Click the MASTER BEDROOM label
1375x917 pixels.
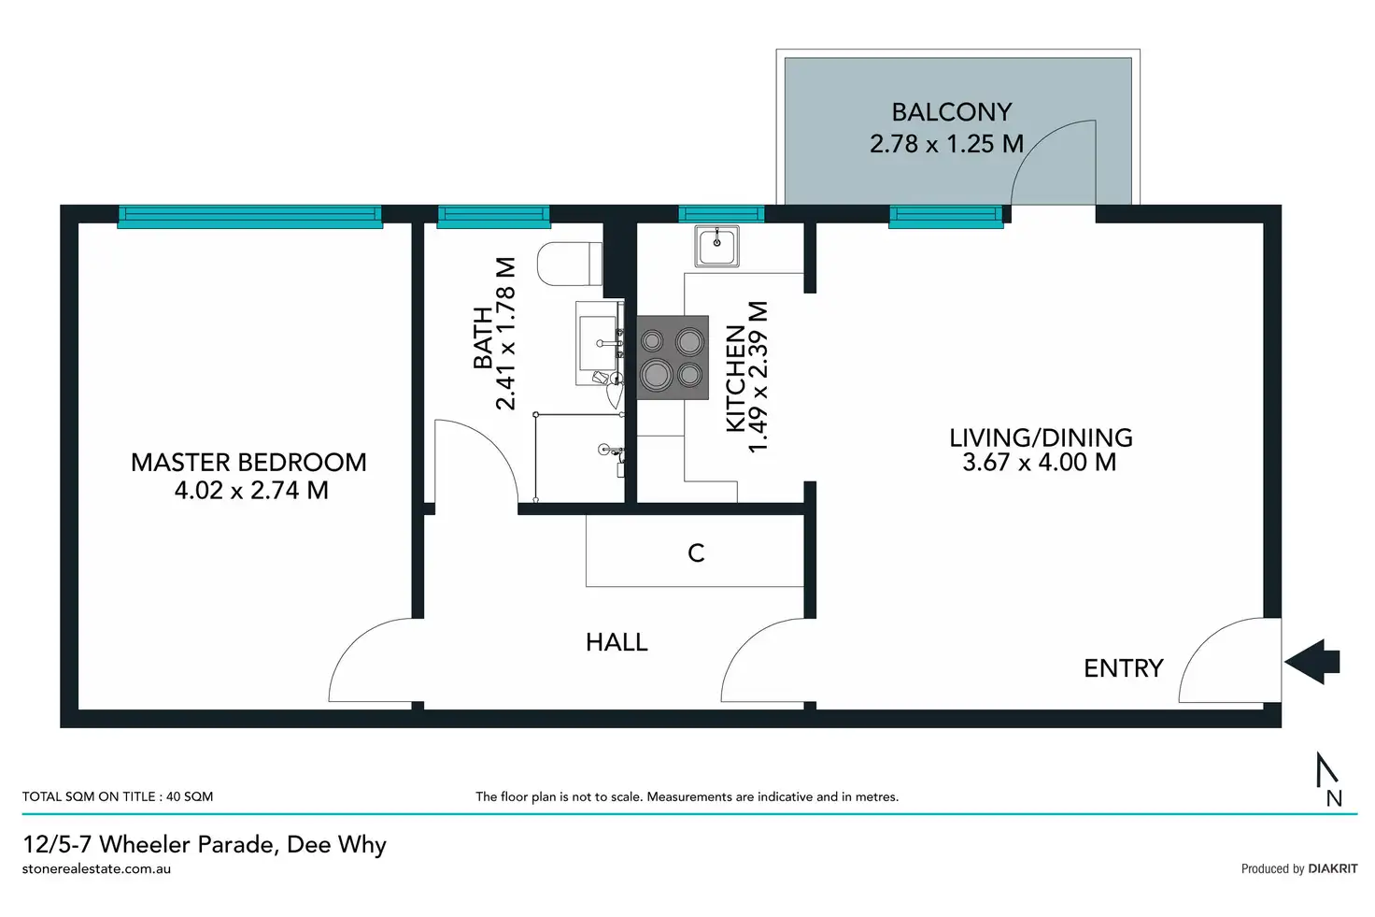pyautogui.click(x=248, y=463)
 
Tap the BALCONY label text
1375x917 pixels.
pyautogui.click(x=951, y=113)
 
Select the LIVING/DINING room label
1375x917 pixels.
pyautogui.click(x=1041, y=438)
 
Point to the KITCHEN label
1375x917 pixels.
pyautogui.click(x=736, y=378)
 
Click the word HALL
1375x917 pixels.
pyautogui.click(x=617, y=642)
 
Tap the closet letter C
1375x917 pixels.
pyautogui.click(x=696, y=553)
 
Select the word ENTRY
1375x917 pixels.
pyautogui.click(x=1123, y=668)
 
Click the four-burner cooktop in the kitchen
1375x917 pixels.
pyautogui.click(x=672, y=358)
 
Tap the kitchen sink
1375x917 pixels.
pyautogui.click(x=717, y=246)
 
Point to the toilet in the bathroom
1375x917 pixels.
pyautogui.click(x=570, y=264)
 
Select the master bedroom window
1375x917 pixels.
pyautogui.click(x=249, y=217)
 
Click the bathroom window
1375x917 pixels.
pyautogui.click(x=493, y=217)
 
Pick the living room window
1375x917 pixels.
pyautogui.click(x=945, y=217)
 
